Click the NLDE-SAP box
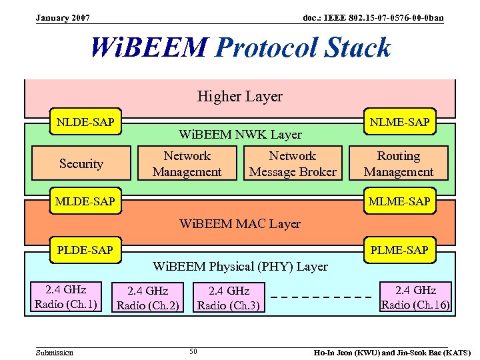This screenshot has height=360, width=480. click(x=85, y=122)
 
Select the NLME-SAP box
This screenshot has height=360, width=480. click(x=400, y=122)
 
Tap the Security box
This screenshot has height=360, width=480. click(x=81, y=164)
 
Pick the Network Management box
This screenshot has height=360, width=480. click(x=187, y=164)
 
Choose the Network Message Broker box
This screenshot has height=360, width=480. click(x=293, y=164)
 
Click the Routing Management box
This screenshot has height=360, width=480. click(x=399, y=164)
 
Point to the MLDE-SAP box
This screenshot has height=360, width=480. click(x=85, y=201)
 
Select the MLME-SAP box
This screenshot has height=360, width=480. click(x=400, y=201)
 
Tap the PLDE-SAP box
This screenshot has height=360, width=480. click(x=85, y=251)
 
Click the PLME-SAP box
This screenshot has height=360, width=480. click(x=399, y=251)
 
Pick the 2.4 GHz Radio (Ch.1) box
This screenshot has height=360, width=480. click(x=66, y=297)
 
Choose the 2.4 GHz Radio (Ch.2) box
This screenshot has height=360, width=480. click(x=148, y=298)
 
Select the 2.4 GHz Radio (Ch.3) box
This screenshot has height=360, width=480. click(x=229, y=298)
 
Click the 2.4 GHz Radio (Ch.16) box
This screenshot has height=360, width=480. click(x=415, y=297)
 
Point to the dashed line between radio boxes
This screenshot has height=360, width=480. click(x=322, y=297)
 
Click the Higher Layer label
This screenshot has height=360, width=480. click(x=239, y=97)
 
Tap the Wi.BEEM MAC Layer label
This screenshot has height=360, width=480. click(x=240, y=224)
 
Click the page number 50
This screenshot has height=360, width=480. click(x=193, y=351)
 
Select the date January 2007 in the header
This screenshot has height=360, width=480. click(x=63, y=17)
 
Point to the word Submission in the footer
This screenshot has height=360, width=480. click(x=55, y=352)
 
